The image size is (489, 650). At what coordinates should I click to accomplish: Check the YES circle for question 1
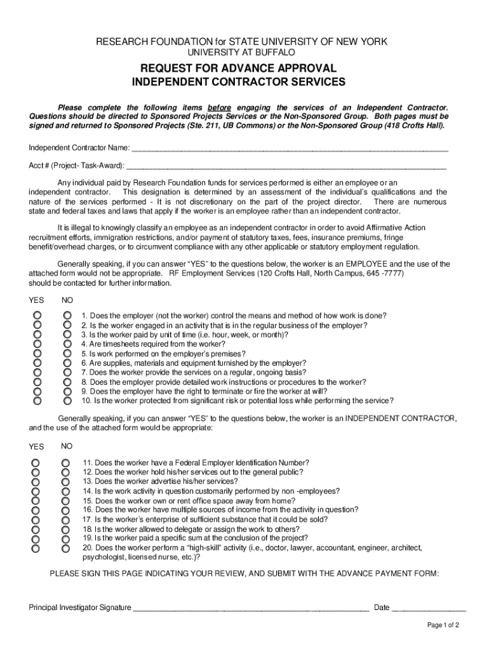[x=38, y=315]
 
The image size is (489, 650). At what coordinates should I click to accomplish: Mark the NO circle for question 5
[x=67, y=354]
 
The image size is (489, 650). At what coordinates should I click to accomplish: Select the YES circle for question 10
[x=38, y=401]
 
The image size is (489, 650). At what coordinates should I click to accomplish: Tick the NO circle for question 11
[x=65, y=463]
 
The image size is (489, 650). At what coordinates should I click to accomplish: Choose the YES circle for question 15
[x=36, y=500]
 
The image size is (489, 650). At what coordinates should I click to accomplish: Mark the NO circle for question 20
[x=65, y=547]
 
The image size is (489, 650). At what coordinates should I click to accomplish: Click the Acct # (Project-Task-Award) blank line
[x=286, y=166]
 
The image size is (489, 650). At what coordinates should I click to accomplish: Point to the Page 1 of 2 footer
[x=443, y=625]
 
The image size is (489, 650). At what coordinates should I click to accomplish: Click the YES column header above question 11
[x=36, y=447]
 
